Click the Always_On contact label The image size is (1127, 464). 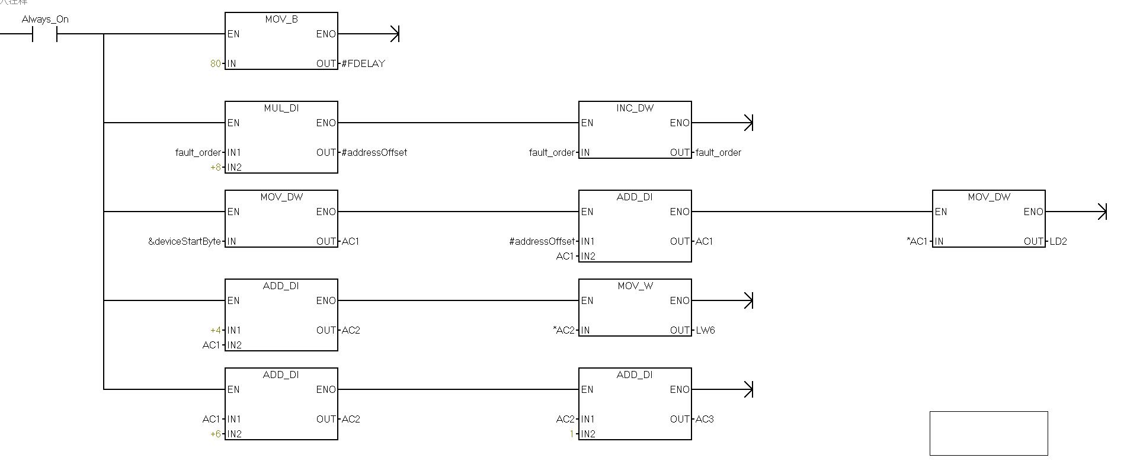tap(45, 19)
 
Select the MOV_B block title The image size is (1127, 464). tap(281, 19)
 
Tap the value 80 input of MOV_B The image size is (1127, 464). tap(216, 63)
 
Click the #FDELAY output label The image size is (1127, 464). tap(363, 63)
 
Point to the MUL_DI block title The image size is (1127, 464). tap(281, 108)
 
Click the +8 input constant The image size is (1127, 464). tap(216, 167)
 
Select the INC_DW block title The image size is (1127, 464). tap(635, 108)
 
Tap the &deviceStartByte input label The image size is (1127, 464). tap(184, 241)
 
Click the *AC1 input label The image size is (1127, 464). tap(917, 241)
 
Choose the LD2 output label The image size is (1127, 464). tap(1058, 241)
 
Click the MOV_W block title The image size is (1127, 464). tap(635, 286)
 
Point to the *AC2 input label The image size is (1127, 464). tap(563, 330)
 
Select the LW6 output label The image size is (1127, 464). tap(705, 330)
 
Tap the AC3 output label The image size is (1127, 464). tap(705, 419)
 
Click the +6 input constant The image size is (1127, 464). tap(216, 434)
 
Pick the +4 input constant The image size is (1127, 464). tap(216, 330)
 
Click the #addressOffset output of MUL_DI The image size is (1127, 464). tap(374, 152)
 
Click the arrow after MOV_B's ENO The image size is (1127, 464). tap(395, 34)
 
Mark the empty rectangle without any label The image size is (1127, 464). tap(988, 433)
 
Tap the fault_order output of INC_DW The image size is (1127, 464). tap(718, 152)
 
